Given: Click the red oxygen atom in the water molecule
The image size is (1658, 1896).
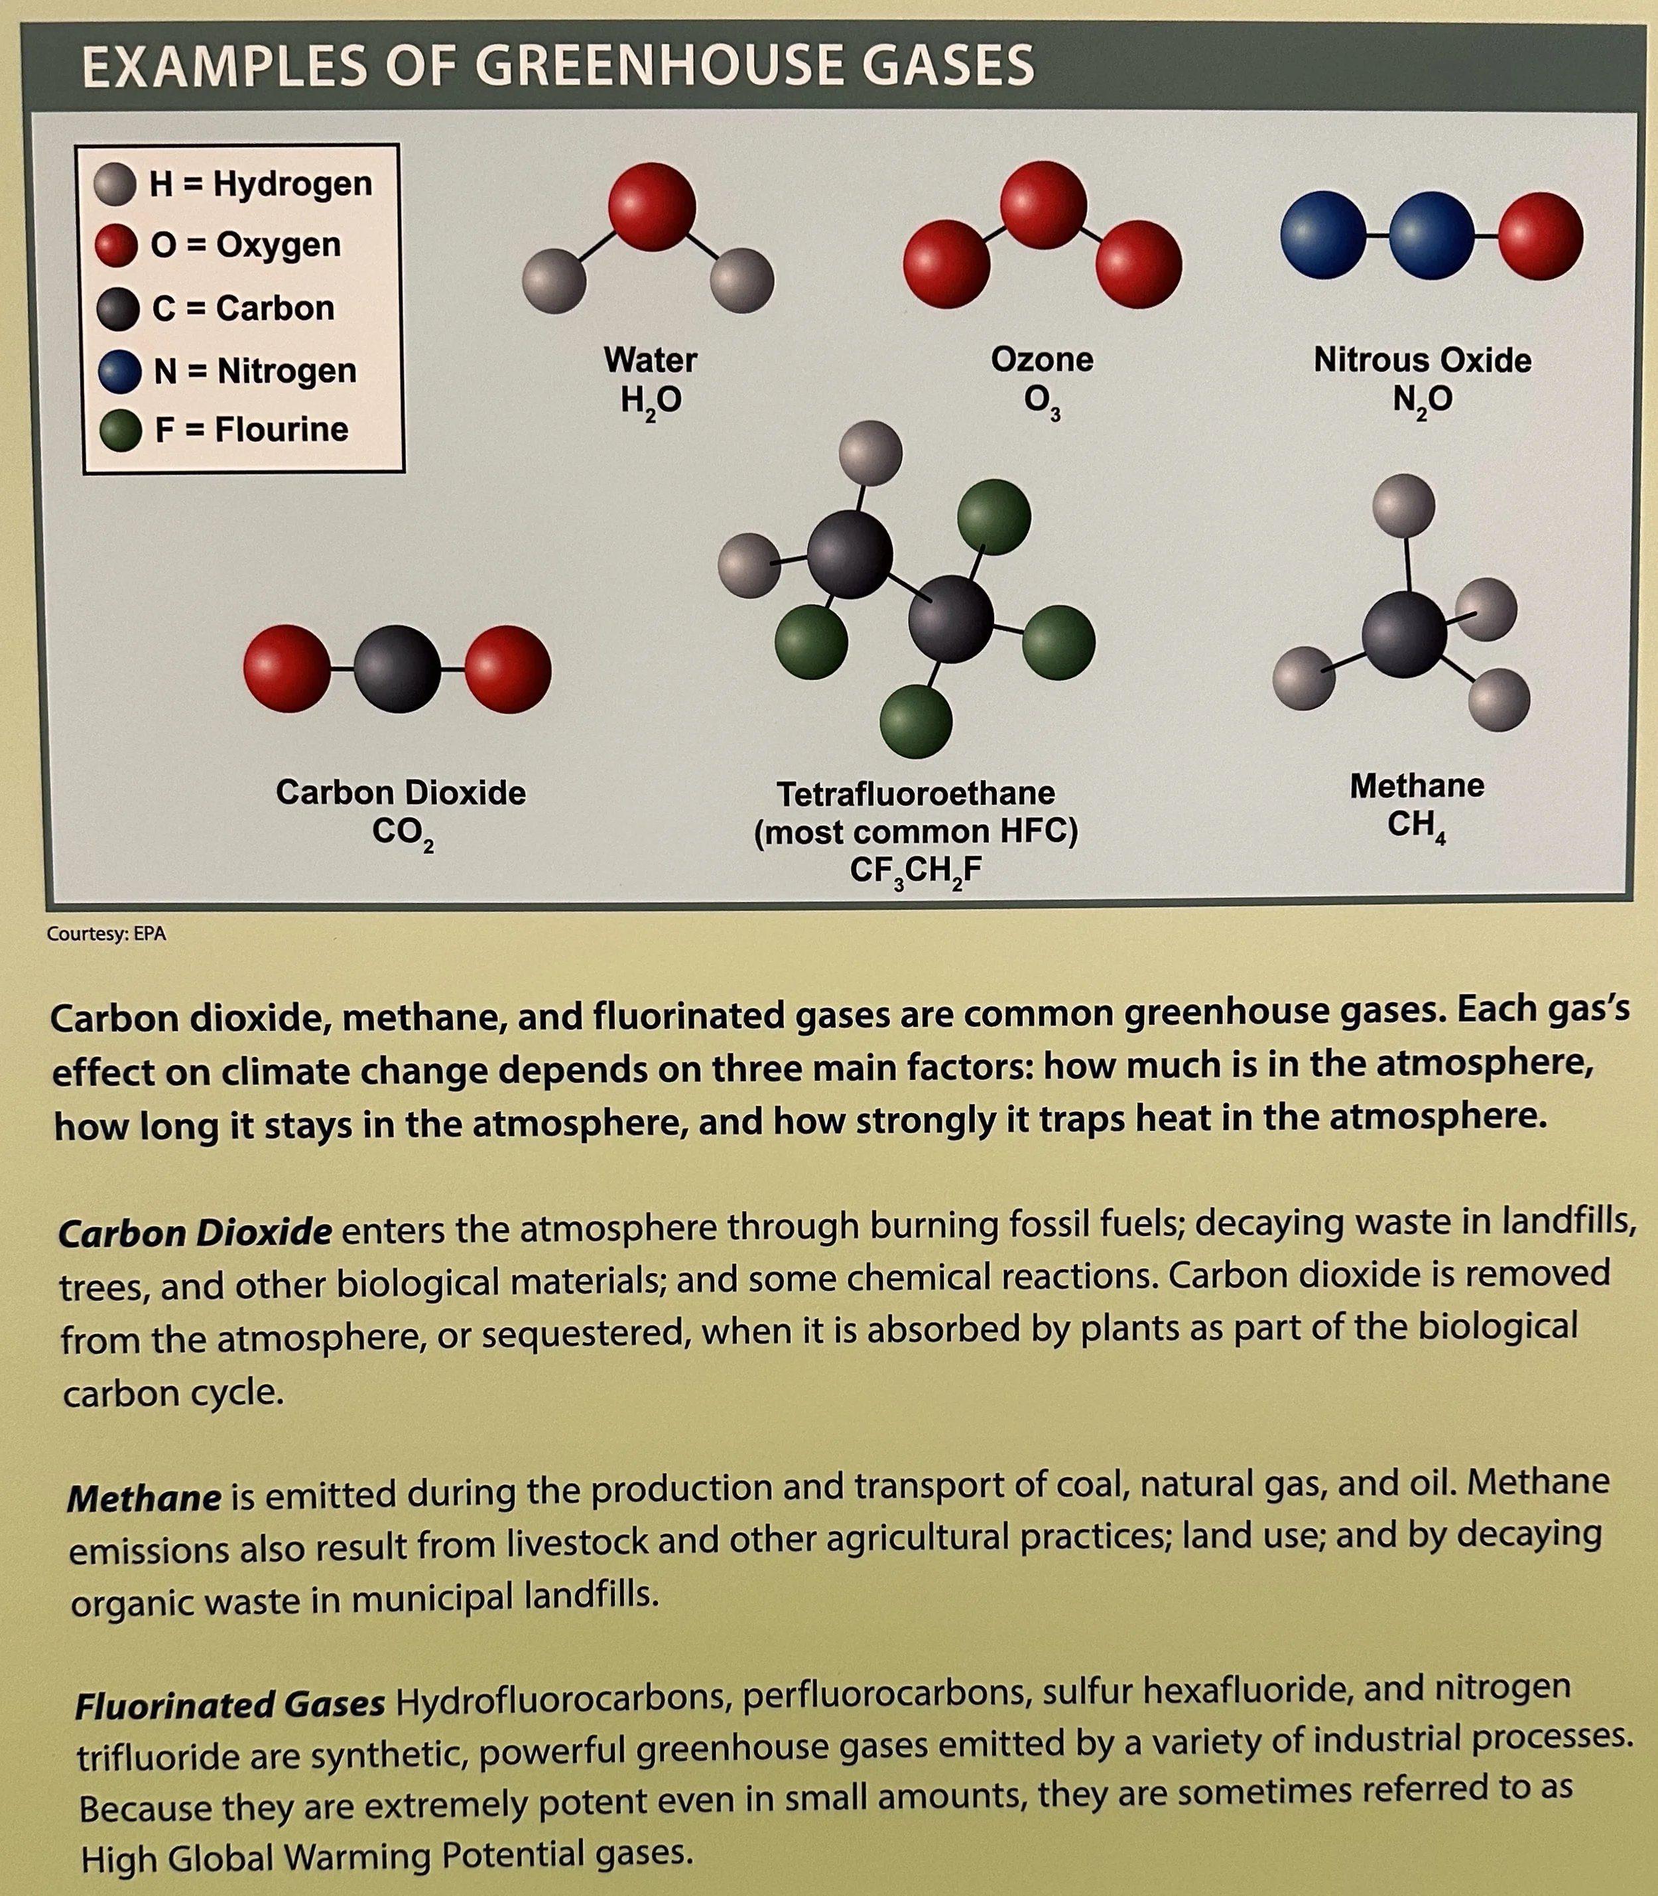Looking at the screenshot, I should point(653,206).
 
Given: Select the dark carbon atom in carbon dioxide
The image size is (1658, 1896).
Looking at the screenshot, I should point(398,669).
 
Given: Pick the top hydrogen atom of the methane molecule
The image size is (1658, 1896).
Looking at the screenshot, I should point(1403,506).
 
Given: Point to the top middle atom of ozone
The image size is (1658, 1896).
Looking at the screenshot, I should point(1044,204).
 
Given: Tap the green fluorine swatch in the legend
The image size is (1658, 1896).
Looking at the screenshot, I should point(119,431).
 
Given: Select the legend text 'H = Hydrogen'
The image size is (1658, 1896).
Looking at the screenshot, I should point(260,184).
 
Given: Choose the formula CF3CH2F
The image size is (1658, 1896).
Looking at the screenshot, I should point(915,872).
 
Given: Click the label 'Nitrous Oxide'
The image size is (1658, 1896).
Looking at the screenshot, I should point(1422,360).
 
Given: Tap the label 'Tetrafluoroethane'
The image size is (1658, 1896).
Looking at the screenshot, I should point(915,794).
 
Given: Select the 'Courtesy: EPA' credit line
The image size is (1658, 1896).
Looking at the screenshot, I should point(106,933).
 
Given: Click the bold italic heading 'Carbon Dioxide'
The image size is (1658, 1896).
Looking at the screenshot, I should point(195,1233).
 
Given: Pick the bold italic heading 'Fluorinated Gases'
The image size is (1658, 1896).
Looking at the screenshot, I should point(230,1704).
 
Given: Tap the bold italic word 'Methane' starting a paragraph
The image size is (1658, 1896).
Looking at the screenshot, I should point(145,1498).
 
